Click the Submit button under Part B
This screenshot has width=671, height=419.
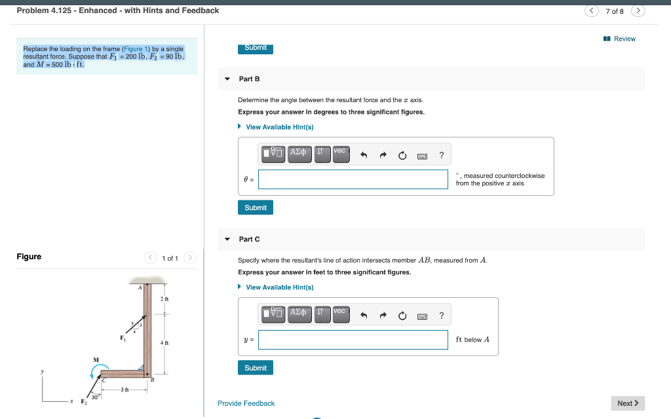[255, 208]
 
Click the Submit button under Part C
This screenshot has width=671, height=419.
[255, 368]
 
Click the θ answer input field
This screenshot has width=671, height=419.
[353, 179]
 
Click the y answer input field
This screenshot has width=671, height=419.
[353, 340]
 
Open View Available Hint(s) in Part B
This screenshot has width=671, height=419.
[279, 127]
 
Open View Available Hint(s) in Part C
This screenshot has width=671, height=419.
[279, 287]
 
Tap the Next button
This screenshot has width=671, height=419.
[628, 403]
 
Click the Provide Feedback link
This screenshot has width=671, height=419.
[246, 403]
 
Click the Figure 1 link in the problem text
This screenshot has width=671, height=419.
[136, 49]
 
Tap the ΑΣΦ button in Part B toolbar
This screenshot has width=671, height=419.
[298, 155]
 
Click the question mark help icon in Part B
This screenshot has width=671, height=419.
[442, 155]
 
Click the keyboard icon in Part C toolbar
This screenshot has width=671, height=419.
[423, 316]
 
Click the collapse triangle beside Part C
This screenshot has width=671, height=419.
[227, 240]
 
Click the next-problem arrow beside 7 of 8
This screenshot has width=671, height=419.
[639, 10]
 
